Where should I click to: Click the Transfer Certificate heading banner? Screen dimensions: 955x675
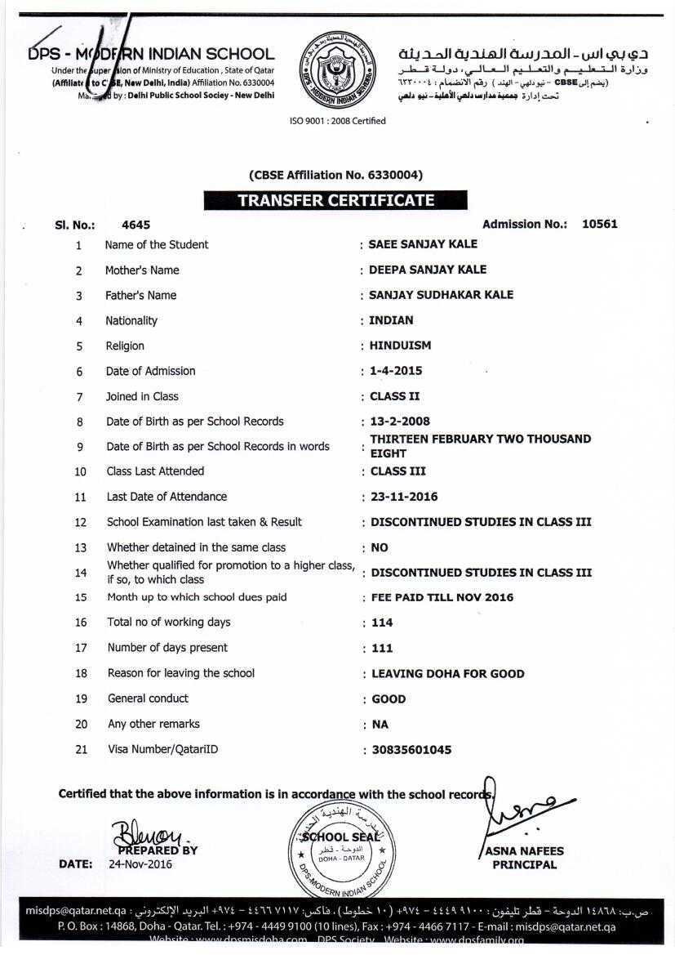pyautogui.click(x=335, y=200)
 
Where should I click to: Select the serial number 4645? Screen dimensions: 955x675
pyautogui.click(x=135, y=225)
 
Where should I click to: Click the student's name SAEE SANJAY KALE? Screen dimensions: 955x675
pyautogui.click(x=423, y=244)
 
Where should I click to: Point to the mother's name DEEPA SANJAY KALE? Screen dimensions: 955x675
pyautogui.click(x=428, y=270)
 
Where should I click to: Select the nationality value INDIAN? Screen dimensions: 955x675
pyautogui.click(x=391, y=320)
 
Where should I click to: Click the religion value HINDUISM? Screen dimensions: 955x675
pyautogui.click(x=400, y=346)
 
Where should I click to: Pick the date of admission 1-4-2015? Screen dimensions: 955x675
pyautogui.click(x=396, y=371)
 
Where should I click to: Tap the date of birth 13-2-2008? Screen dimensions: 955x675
pyautogui.click(x=400, y=422)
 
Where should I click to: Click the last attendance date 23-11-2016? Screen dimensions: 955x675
pyautogui.click(x=404, y=497)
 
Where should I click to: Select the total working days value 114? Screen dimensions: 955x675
pyautogui.click(x=382, y=623)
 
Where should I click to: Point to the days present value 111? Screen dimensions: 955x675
pyautogui.click(x=382, y=648)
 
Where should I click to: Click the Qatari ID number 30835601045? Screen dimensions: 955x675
pyautogui.click(x=411, y=749)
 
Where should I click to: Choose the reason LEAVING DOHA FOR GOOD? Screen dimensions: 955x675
pyautogui.click(x=447, y=674)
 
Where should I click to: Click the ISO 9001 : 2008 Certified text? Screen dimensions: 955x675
pyautogui.click(x=337, y=121)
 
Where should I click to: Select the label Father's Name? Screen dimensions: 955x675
pyautogui.click(x=140, y=295)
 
